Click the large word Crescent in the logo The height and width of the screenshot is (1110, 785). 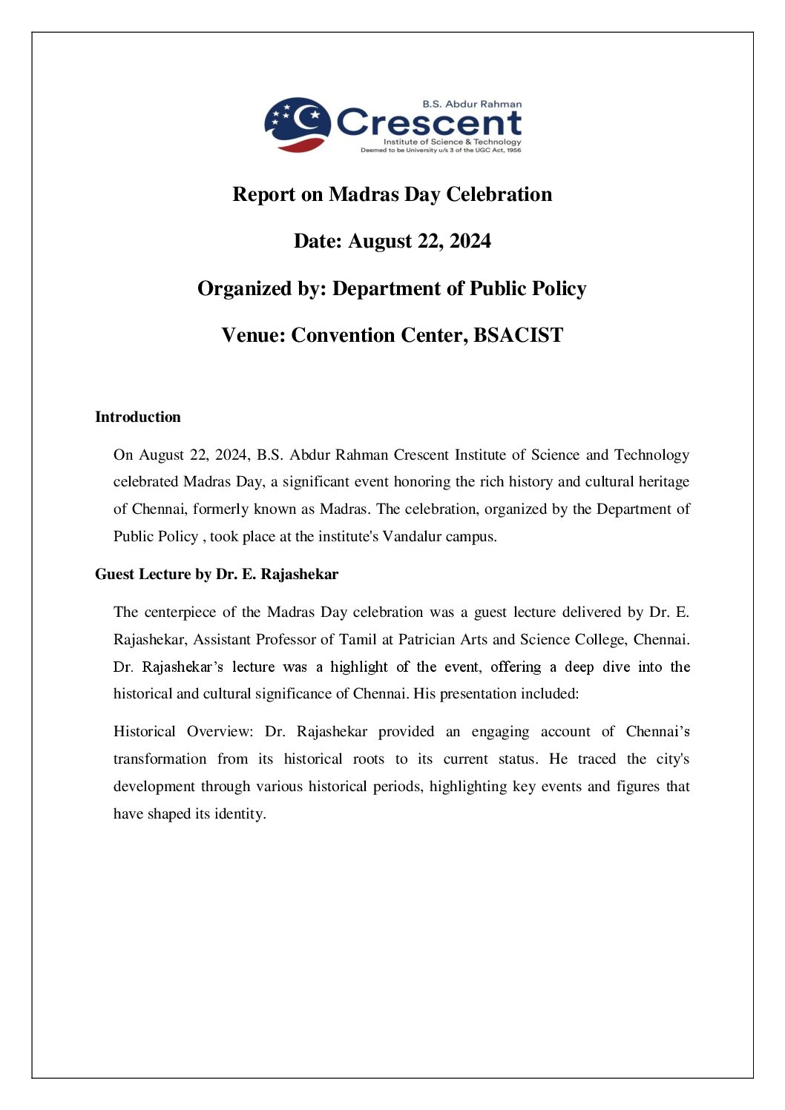click(x=430, y=123)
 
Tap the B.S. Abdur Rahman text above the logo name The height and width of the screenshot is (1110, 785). click(x=472, y=104)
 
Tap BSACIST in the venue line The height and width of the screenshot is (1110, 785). click(x=518, y=335)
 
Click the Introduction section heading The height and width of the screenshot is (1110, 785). click(x=138, y=417)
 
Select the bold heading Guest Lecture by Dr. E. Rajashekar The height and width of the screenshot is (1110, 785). click(x=217, y=574)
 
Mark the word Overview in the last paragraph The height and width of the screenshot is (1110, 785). click(x=220, y=731)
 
